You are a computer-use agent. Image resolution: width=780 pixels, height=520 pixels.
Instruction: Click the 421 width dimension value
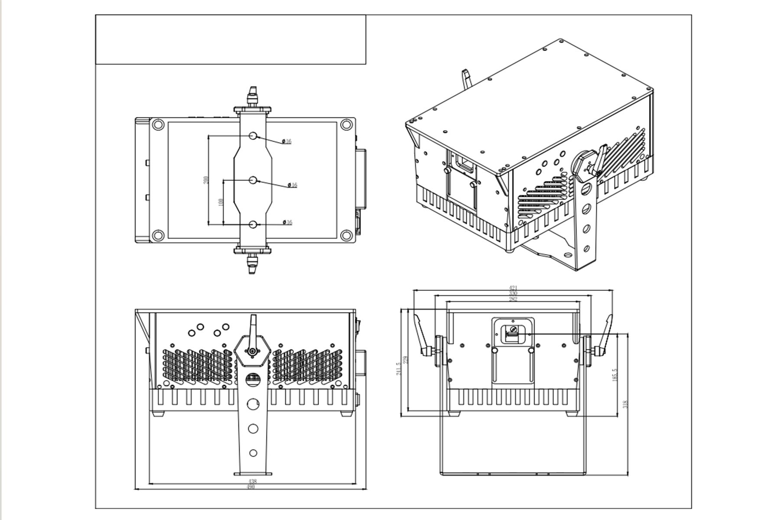click(513, 288)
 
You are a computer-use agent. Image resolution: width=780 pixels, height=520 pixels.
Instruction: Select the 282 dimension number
click(513, 299)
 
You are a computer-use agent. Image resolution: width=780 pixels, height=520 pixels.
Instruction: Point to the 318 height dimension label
click(625, 404)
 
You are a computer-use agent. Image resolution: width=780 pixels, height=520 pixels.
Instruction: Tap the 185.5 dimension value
click(614, 375)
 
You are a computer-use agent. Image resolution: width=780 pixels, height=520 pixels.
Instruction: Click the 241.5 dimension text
click(399, 369)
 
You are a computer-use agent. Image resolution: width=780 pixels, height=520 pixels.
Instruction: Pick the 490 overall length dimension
click(250, 487)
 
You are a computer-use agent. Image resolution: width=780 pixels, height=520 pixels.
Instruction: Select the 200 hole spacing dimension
click(206, 179)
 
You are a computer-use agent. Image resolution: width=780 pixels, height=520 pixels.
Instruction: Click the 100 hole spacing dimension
click(221, 202)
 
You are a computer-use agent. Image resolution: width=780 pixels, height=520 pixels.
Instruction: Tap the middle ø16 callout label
click(292, 185)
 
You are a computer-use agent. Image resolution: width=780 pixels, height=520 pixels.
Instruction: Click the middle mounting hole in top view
click(253, 179)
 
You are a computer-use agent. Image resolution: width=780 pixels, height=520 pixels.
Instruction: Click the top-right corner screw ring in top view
click(345, 125)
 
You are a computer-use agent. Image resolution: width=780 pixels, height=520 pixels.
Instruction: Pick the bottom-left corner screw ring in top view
click(157, 236)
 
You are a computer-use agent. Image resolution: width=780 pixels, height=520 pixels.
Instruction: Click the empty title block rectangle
click(231, 39)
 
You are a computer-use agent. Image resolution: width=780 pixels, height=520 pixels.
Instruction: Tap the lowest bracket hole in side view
click(253, 453)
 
